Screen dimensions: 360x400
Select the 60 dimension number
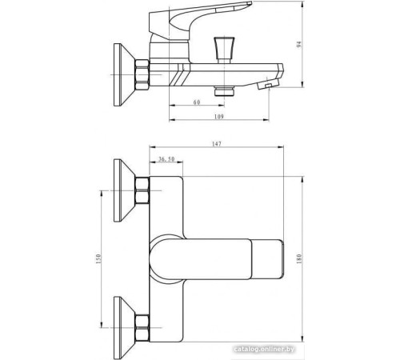pos(197,102)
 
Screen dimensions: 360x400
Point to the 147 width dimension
pos(218,145)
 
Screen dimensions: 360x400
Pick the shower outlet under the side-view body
pos(222,93)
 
